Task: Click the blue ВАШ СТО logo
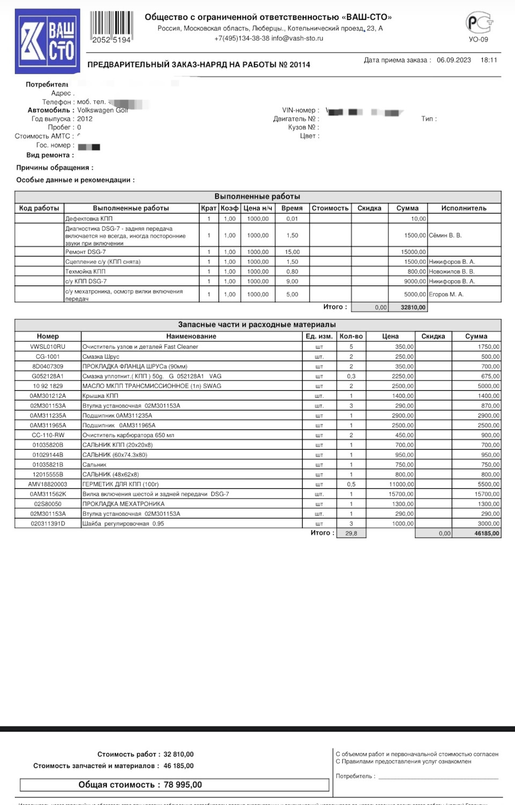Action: point(48,41)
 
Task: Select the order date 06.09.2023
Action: point(453,60)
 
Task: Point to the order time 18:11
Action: point(489,60)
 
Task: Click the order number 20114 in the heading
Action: point(300,65)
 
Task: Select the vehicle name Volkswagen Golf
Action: point(102,110)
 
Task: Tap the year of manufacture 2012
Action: point(85,119)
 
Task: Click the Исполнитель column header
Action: point(464,208)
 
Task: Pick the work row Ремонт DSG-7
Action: point(86,252)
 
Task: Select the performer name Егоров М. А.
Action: point(446,294)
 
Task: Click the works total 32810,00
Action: point(413,308)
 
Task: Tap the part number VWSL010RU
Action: point(48,347)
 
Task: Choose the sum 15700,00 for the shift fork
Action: point(487,494)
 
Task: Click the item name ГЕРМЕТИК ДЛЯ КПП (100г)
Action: point(120,484)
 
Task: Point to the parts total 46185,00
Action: point(487,533)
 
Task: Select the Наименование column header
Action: point(191,336)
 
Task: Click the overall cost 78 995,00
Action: point(183,785)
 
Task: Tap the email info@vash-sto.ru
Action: point(297,39)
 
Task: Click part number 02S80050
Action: point(48,504)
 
